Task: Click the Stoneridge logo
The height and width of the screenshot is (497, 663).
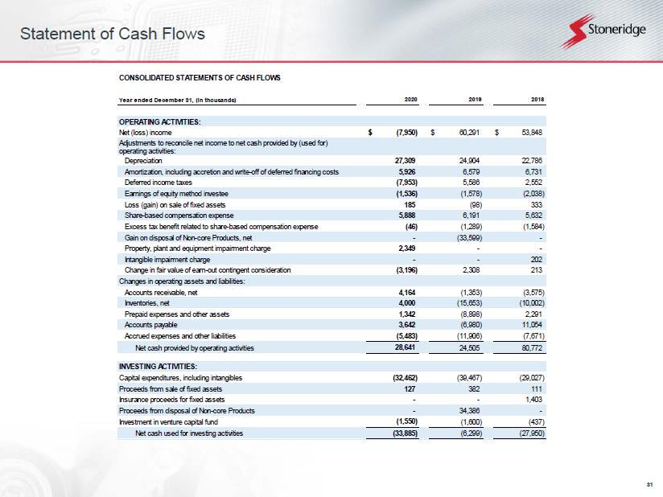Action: click(x=603, y=31)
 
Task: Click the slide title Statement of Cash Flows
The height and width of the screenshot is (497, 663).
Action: click(x=113, y=34)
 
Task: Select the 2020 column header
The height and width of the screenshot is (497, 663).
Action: click(x=411, y=100)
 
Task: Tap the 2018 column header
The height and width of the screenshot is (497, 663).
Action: click(x=537, y=100)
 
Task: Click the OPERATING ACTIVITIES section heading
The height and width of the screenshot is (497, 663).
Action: click(x=160, y=121)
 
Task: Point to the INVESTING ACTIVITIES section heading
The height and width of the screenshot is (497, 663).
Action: click(x=159, y=367)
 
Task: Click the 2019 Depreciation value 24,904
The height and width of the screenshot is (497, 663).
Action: click(x=469, y=161)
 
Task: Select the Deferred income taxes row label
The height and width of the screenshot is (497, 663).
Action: click(x=159, y=183)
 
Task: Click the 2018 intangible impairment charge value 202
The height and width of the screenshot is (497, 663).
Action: click(x=536, y=260)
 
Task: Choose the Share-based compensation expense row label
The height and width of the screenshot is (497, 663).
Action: click(x=179, y=216)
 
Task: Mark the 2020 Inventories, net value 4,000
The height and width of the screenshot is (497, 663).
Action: click(x=407, y=303)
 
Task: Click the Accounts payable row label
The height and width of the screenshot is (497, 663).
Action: click(x=151, y=325)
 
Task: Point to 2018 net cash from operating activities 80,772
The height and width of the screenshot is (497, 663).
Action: click(x=532, y=348)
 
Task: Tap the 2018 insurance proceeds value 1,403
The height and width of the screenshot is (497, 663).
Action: click(x=533, y=400)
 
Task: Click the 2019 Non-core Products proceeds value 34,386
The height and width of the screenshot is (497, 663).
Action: click(x=469, y=410)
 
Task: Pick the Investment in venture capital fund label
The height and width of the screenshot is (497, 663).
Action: click(x=168, y=421)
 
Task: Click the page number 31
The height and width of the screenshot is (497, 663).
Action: click(x=650, y=484)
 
